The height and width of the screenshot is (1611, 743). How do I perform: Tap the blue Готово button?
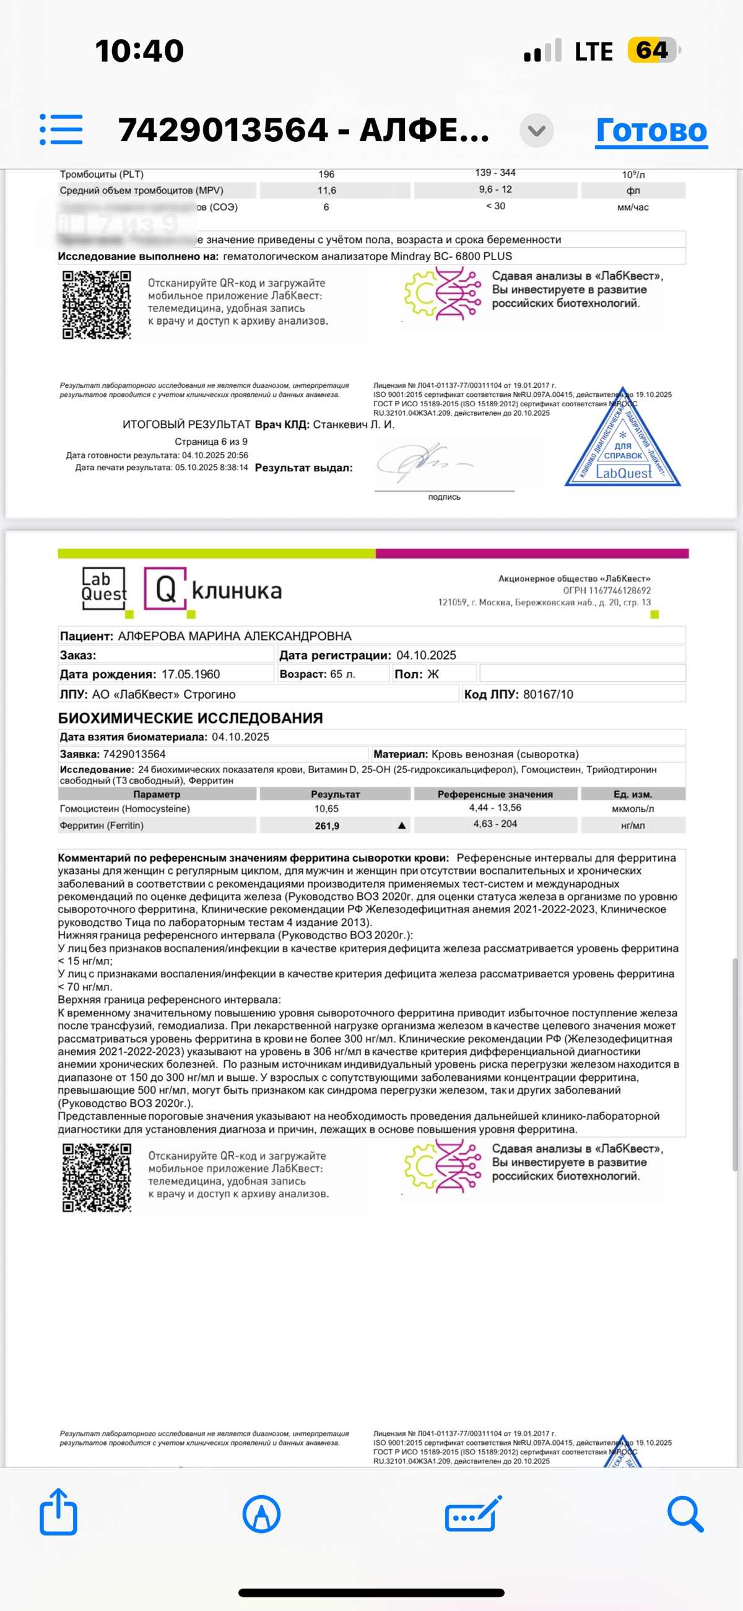coord(651,131)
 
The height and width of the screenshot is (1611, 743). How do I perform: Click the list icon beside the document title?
coord(61,129)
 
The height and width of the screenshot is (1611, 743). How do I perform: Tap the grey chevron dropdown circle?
coord(537,131)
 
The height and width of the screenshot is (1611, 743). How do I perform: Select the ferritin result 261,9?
coord(327,826)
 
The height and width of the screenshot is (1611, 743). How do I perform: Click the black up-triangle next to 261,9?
coord(401,826)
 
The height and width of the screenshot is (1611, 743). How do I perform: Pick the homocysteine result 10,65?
coord(326,809)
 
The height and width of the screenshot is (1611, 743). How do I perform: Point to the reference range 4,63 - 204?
coord(495,824)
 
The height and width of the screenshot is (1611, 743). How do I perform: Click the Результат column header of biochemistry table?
coord(335,794)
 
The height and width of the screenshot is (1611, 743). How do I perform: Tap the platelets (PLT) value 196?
coord(326,175)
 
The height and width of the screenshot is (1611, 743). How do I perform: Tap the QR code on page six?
coord(97,305)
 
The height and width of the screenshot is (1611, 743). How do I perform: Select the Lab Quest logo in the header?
coord(104,588)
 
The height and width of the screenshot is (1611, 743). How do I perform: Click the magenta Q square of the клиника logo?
coord(165,588)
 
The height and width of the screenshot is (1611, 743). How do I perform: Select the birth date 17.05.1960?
coord(191,674)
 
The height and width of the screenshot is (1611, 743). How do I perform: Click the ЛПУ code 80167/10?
coord(548,694)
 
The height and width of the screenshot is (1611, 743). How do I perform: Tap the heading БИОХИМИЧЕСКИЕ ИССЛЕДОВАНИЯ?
coord(191,718)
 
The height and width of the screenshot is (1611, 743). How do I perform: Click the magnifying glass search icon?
coord(685,1513)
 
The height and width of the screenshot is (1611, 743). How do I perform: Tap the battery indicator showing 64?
coord(653,51)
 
